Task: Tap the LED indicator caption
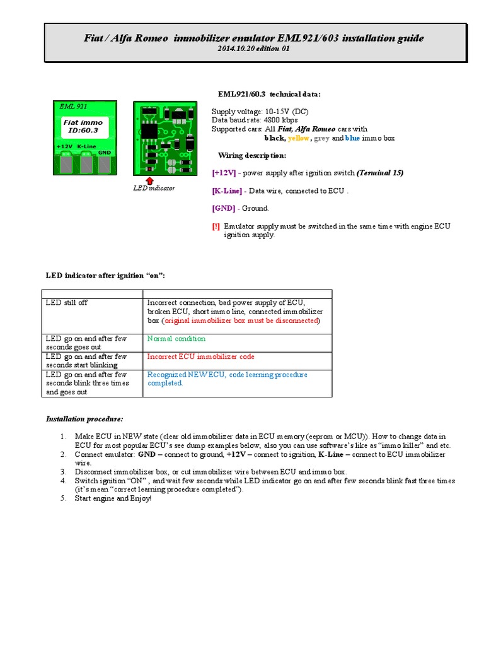point(154,188)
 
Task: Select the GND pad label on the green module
point(105,152)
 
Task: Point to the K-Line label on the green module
point(86,146)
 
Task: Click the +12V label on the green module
point(64,146)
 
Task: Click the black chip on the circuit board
point(149,130)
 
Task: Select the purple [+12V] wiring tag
point(224,173)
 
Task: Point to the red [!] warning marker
point(216,226)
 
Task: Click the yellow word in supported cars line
point(299,138)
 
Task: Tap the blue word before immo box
point(352,138)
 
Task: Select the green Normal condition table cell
point(176,338)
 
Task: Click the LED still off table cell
point(67,303)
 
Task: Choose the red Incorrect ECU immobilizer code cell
point(200,356)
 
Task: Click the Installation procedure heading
point(84,419)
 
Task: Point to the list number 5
point(63,498)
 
